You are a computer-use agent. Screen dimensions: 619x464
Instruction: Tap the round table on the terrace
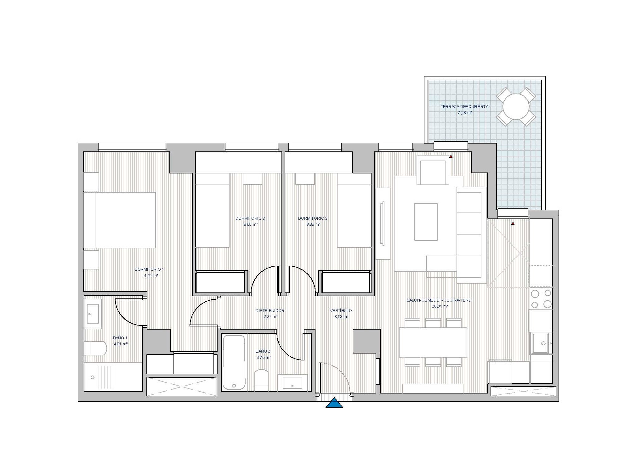coord(516,107)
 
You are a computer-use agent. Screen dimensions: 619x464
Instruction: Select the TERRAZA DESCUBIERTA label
coord(464,106)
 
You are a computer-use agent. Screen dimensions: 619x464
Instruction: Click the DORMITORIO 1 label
coord(149,269)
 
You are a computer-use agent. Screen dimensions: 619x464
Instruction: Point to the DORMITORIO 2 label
coord(250,218)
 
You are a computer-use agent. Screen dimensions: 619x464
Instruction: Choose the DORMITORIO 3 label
coord(313,218)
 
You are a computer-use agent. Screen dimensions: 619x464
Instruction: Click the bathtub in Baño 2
coord(234,362)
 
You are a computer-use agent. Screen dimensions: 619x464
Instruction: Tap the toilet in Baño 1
coord(95,348)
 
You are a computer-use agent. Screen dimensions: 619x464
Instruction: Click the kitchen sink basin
coord(540,343)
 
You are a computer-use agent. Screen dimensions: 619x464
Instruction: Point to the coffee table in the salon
coord(426,222)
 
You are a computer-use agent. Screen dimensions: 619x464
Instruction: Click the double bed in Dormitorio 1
coord(120,220)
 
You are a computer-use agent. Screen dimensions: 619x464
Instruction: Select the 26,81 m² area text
coord(440,306)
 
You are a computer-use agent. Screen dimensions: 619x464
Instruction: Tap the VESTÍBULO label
coord(341,310)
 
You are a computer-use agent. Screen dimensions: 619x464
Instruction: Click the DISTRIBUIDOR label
coord(270,310)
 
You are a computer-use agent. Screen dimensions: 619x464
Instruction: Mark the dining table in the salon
coord(433,342)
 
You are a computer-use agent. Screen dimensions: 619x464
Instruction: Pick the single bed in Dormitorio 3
coord(354,210)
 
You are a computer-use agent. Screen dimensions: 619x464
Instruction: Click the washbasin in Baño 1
coord(93,314)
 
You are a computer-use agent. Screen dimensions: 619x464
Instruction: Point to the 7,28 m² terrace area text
coord(465,112)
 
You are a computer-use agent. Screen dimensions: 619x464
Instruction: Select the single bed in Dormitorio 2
coord(212,210)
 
